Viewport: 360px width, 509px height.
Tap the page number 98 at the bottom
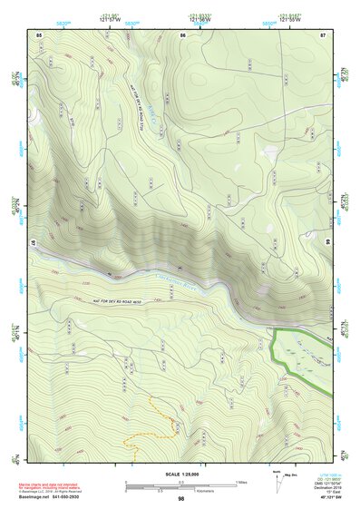coord(180,499)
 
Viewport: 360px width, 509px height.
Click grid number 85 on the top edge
coord(39,34)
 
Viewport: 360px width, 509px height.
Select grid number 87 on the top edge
coord(322,34)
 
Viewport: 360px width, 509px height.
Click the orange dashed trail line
coord(150,427)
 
